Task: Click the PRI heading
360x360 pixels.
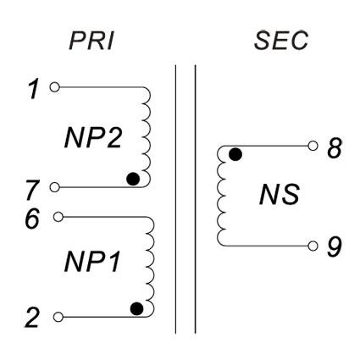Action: pos(91,42)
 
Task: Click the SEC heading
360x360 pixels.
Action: pos(280,41)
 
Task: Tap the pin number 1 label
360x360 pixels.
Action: pos(35,89)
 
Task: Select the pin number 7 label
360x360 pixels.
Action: pos(32,191)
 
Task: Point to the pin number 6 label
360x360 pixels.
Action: pos(32,219)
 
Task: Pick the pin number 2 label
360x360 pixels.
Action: pos(31,318)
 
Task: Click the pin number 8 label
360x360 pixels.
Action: pos(335,147)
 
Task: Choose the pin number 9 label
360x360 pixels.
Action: pos(335,246)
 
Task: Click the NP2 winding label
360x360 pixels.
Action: pos(93,138)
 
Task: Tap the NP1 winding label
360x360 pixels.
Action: pos(92,262)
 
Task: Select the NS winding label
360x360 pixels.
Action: pos(279,195)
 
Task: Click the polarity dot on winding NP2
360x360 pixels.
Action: pos(133,179)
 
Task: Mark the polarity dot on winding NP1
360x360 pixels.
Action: pos(137,308)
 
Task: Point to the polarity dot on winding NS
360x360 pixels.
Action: pos(235,154)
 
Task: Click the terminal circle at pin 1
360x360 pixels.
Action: pos(55,87)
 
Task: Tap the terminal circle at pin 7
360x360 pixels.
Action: pos(55,187)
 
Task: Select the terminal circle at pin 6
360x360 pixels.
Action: pos(58,217)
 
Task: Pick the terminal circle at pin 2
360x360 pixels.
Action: pos(58,317)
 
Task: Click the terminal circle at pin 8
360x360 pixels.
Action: pos(313,146)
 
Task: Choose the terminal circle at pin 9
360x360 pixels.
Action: pos(313,246)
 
